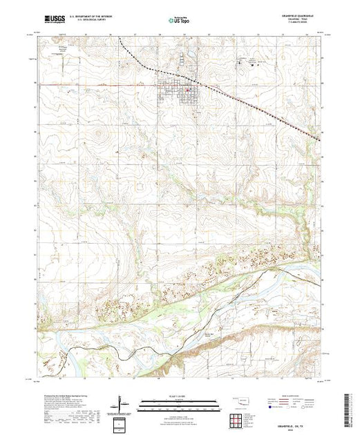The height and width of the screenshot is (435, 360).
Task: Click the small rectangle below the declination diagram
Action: (x=122, y=423)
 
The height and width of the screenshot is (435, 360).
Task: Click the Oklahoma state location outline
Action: (x=238, y=400)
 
